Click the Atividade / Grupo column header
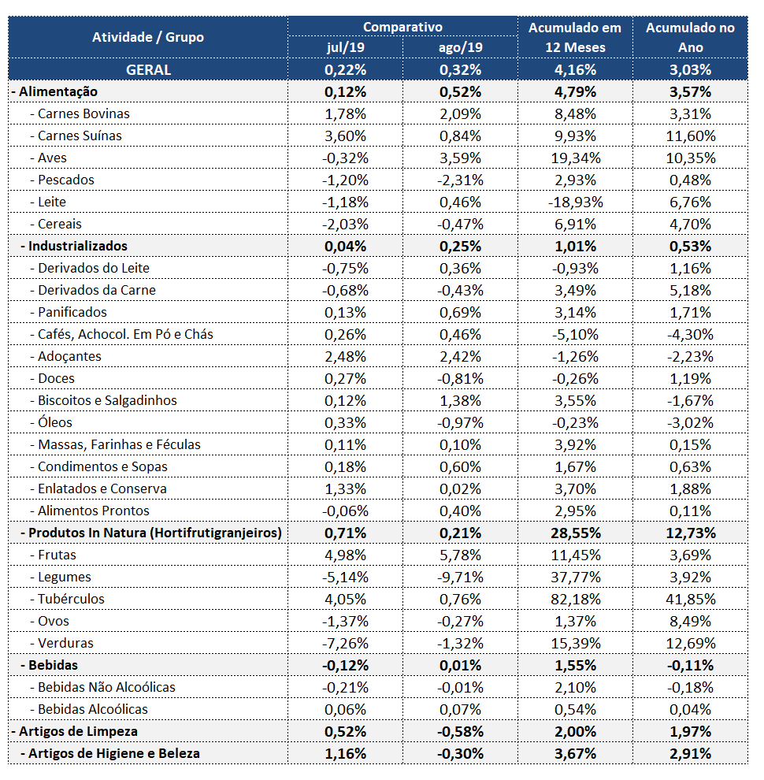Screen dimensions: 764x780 pyautogui.click(x=148, y=37)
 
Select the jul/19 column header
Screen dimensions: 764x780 pyautogui.click(x=345, y=47)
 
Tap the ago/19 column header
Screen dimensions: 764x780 pyautogui.click(x=460, y=47)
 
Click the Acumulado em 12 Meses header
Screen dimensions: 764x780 pyautogui.click(x=575, y=37)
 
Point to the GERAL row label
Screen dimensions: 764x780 pyautogui.click(x=148, y=69)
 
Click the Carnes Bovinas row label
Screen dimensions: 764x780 pyautogui.click(x=80, y=114)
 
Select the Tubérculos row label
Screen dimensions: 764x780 pyautogui.click(x=67, y=599)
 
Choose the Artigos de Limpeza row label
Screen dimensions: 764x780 pyautogui.click(x=75, y=731)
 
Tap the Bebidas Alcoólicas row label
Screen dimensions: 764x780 pyautogui.click(x=88, y=709)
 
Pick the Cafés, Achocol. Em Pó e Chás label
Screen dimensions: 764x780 pyautogui.click(x=121, y=334)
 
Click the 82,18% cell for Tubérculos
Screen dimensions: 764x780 pyautogui.click(x=576, y=599)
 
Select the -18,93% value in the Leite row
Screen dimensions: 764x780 pyautogui.click(x=576, y=202)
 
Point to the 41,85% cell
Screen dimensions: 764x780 pyautogui.click(x=691, y=599)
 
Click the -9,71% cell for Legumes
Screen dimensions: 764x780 pyautogui.click(x=460, y=577)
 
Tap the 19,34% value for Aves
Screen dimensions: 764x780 pyautogui.click(x=576, y=158)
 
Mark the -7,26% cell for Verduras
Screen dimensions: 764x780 pyautogui.click(x=345, y=643)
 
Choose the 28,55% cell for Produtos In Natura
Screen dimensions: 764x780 pyautogui.click(x=576, y=533)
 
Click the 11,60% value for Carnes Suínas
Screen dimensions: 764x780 pyautogui.click(x=691, y=136)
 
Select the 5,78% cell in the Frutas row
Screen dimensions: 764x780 pyautogui.click(x=460, y=555)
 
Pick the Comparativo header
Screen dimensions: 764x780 pyautogui.click(x=402, y=27)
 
